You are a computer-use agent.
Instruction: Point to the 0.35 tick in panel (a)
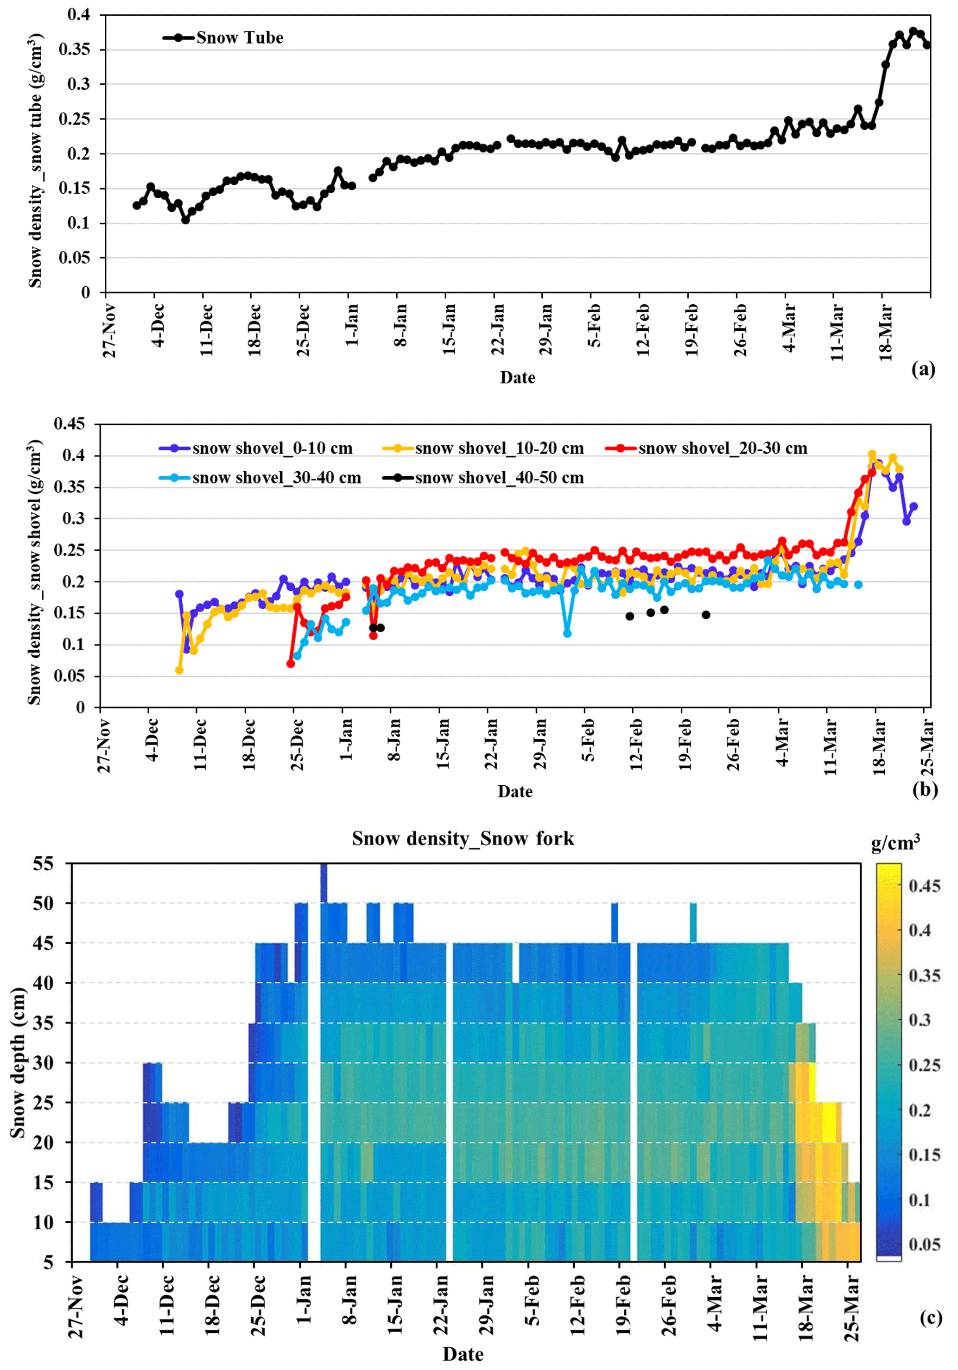(74, 50)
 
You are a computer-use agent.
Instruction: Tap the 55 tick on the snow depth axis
(43, 864)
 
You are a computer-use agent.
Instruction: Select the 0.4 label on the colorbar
(919, 930)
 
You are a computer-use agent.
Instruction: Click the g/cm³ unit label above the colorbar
(895, 842)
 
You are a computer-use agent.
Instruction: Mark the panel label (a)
(923, 370)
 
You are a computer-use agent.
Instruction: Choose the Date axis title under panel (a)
(517, 378)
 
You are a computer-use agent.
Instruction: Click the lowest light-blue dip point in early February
(567, 633)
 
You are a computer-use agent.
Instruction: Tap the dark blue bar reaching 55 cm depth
(324, 883)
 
